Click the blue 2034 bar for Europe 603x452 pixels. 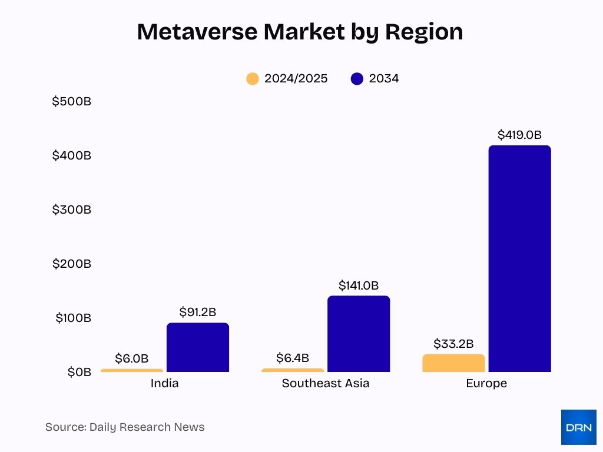[x=519, y=259]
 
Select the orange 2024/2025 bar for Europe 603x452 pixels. [x=453, y=363]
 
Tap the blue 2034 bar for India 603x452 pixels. [x=197, y=347]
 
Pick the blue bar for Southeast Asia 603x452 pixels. [x=359, y=334]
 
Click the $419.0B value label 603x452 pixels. [x=519, y=135]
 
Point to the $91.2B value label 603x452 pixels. [x=197, y=312]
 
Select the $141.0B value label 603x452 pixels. [x=359, y=285]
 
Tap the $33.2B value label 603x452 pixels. [x=453, y=344]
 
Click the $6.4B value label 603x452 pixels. [x=292, y=358]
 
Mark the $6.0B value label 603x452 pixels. [x=131, y=358]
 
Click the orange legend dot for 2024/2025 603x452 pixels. [x=253, y=79]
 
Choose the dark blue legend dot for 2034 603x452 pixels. [x=357, y=79]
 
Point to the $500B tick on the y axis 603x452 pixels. [x=72, y=101]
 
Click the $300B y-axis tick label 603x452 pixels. [x=72, y=210]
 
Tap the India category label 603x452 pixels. [x=164, y=384]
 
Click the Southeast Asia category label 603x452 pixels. [x=325, y=384]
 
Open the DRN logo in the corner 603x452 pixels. [x=578, y=427]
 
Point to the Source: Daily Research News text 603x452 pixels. [x=125, y=427]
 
